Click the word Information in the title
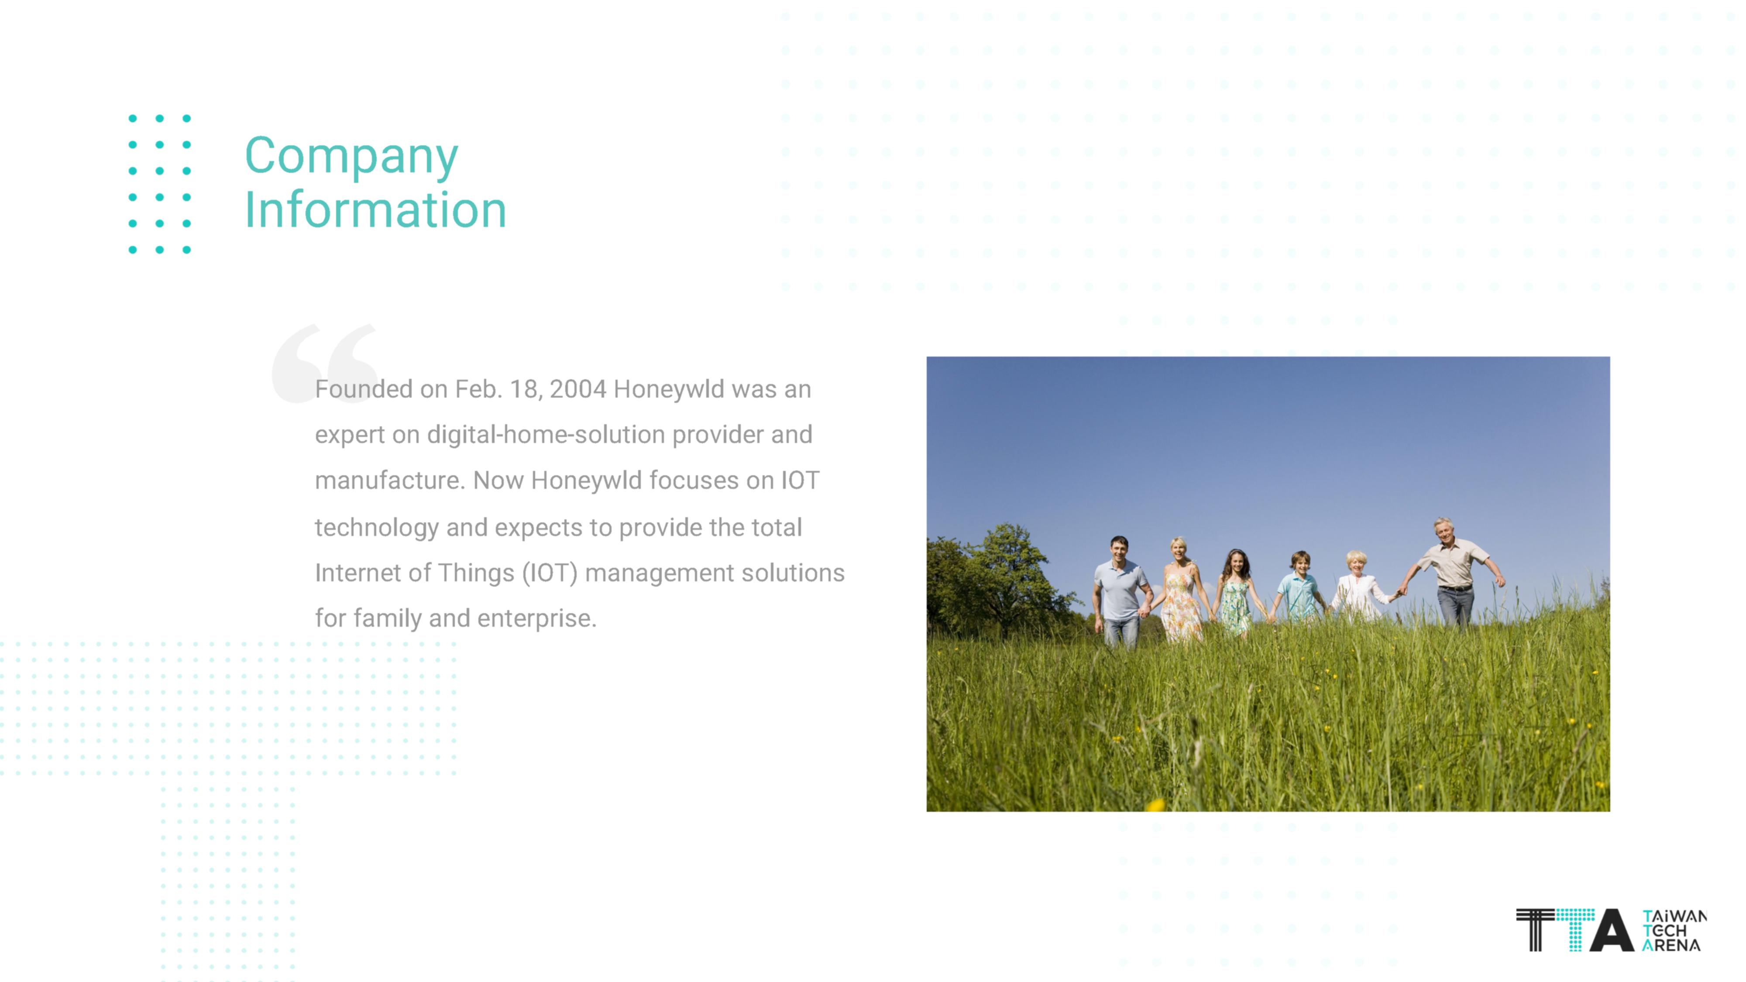[x=375, y=209]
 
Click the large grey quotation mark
[x=325, y=363]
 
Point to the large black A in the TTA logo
[x=1612, y=930]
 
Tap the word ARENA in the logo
[x=1671, y=945]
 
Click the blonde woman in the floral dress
[x=1180, y=590]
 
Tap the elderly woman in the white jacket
[x=1358, y=587]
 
